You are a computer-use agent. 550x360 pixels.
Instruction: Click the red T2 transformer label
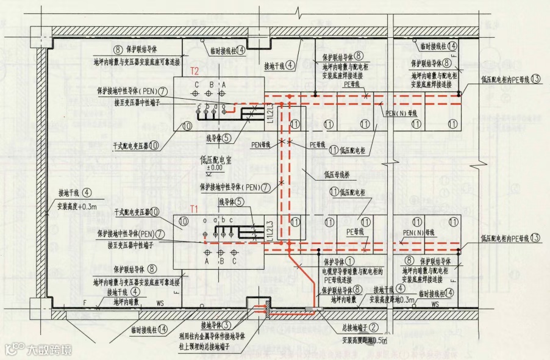[195, 71]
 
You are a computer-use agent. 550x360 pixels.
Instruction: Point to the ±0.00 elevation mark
[214, 168]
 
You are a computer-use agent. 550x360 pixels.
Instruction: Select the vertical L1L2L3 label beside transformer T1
[271, 232]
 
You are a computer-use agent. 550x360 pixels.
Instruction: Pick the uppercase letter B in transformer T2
[211, 84]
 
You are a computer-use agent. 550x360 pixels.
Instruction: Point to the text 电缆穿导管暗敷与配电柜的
[353, 270]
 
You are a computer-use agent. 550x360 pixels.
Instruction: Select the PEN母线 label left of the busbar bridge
[260, 145]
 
